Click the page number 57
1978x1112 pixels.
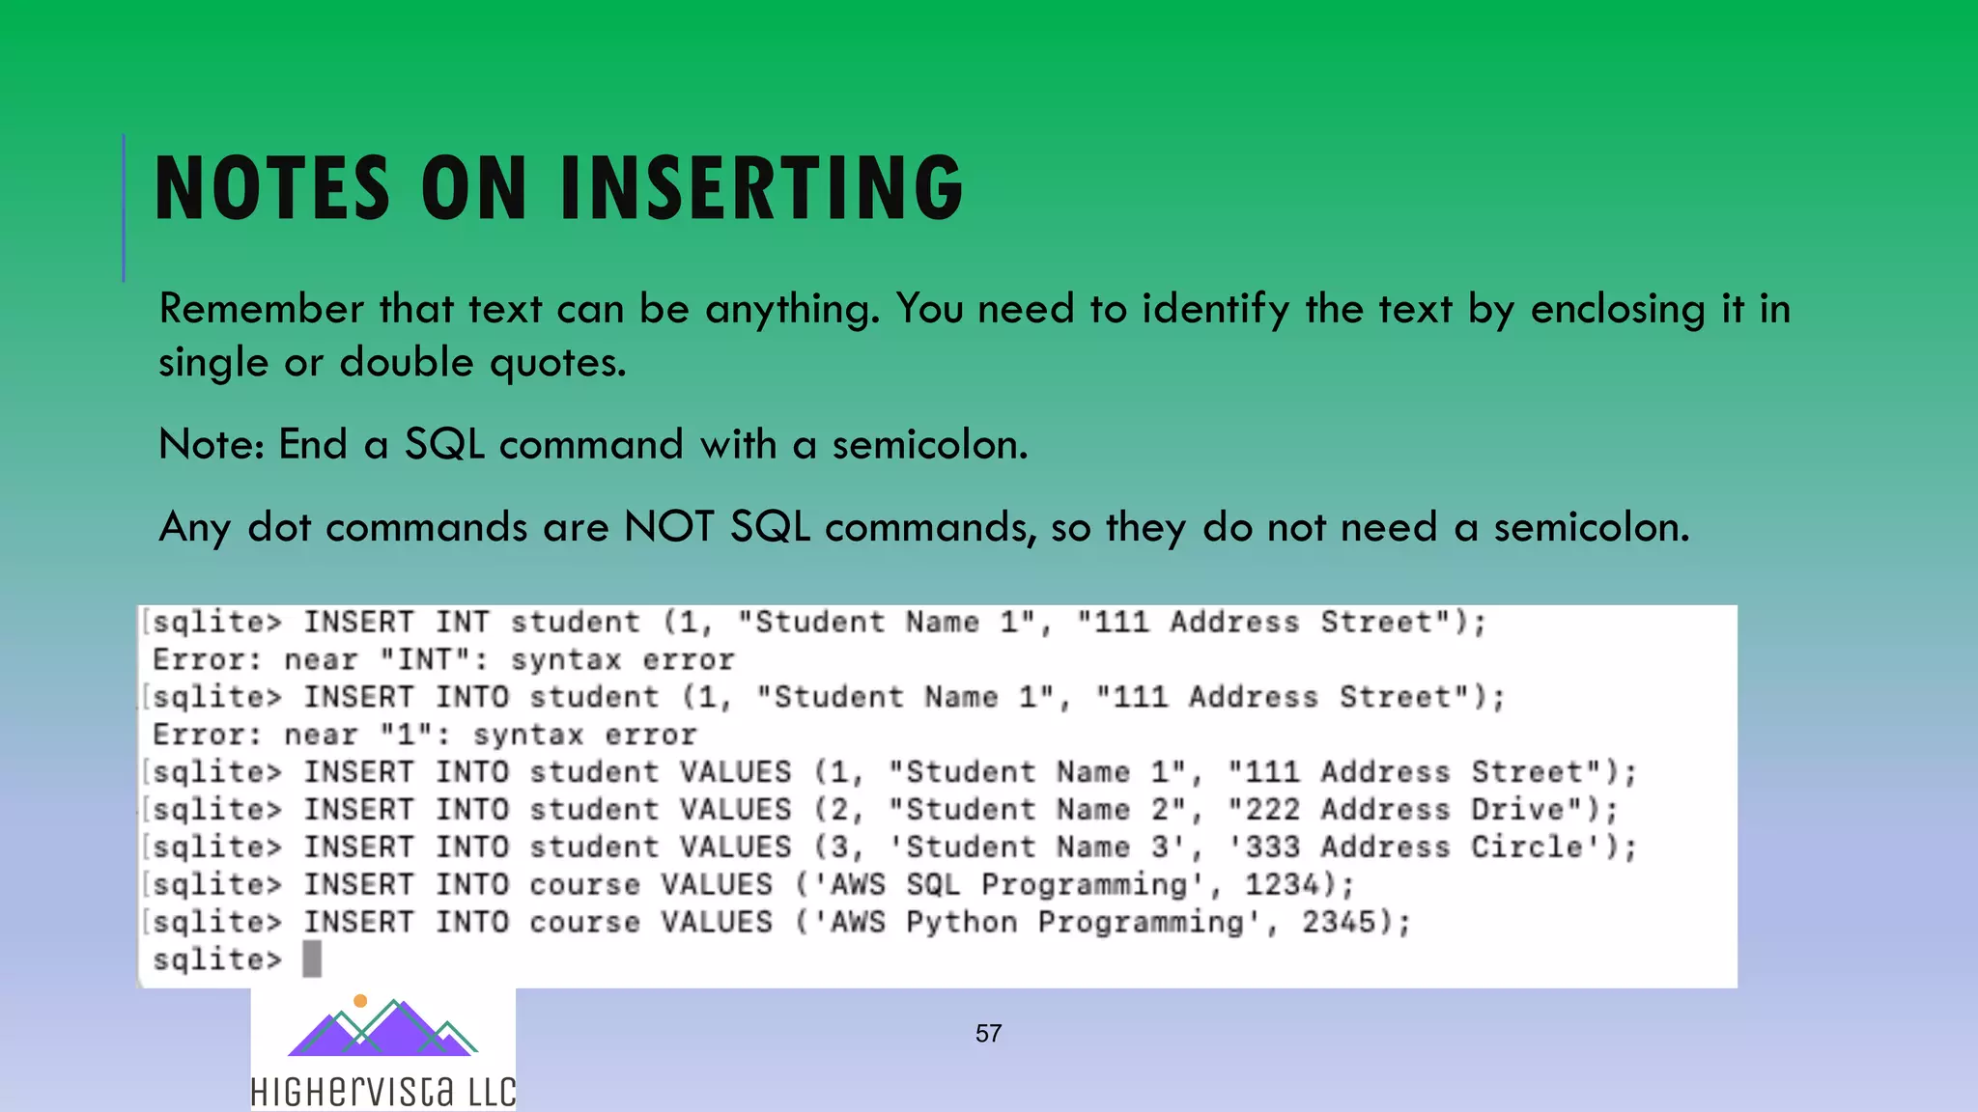(x=988, y=1033)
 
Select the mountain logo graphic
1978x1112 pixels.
(x=382, y=1028)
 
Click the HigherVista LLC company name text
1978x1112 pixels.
(x=383, y=1092)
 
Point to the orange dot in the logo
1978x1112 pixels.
(x=360, y=1001)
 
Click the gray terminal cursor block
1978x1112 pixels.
(x=312, y=959)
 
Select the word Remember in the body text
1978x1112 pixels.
(x=262, y=309)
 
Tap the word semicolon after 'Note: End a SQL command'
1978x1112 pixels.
(x=929, y=445)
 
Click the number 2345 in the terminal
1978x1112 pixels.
(x=1339, y=922)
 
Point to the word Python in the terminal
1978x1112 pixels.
(x=961, y=922)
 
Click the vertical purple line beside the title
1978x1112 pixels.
(x=124, y=208)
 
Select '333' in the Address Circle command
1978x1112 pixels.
(x=1272, y=847)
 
